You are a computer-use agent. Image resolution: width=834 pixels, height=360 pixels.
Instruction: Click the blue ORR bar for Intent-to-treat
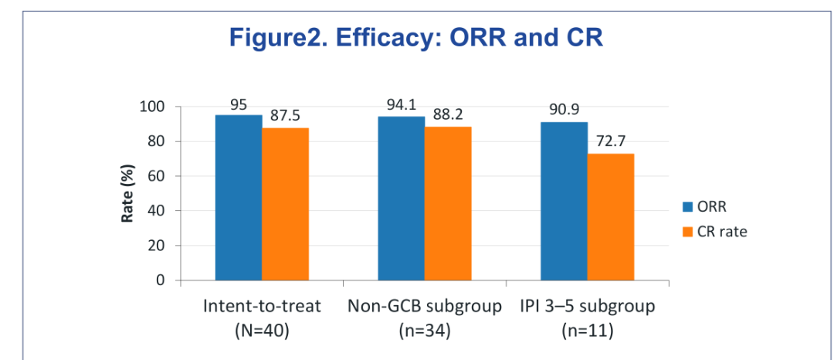pyautogui.click(x=239, y=197)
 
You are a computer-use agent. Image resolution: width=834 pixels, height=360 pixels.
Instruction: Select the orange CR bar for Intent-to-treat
pyautogui.click(x=285, y=204)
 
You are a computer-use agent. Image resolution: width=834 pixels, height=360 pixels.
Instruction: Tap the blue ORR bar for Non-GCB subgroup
pyautogui.click(x=401, y=199)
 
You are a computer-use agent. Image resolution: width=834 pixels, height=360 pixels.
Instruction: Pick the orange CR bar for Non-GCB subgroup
pyautogui.click(x=448, y=204)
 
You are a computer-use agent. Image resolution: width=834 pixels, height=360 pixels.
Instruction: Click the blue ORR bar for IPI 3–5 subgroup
pyautogui.click(x=564, y=201)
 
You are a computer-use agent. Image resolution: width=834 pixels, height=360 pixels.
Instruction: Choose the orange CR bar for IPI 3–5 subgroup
pyautogui.click(x=611, y=217)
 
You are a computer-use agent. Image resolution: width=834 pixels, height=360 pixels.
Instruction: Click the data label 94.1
pyautogui.click(x=401, y=105)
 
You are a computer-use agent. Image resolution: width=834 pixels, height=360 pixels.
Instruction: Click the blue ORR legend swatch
pyautogui.click(x=688, y=206)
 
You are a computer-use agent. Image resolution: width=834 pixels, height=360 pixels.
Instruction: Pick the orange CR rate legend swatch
pyautogui.click(x=688, y=232)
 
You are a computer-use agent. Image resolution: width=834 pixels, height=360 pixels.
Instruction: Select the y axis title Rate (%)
pyautogui.click(x=127, y=193)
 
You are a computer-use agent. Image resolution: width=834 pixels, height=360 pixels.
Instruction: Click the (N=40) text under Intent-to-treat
pyautogui.click(x=263, y=331)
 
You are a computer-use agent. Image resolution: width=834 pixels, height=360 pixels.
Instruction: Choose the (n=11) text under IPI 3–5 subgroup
pyautogui.click(x=587, y=331)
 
